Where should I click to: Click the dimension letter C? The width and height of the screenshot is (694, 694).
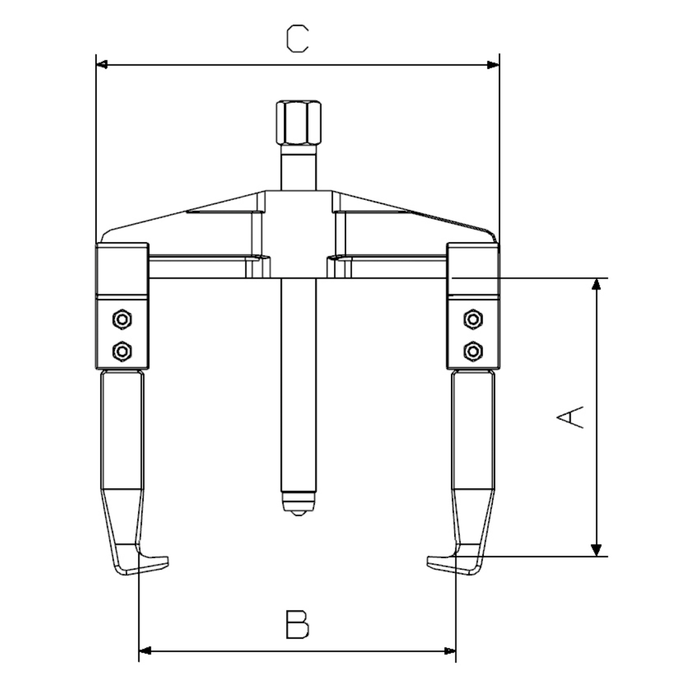(297, 39)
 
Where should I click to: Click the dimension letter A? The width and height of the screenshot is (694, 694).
(570, 417)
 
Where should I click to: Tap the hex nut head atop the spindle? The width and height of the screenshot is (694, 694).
(298, 123)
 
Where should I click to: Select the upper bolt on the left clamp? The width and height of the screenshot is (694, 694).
(121, 319)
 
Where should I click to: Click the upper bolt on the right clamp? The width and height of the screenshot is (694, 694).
(473, 319)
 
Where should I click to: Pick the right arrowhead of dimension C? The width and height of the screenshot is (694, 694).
(493, 65)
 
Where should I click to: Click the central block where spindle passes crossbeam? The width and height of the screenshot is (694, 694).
(298, 234)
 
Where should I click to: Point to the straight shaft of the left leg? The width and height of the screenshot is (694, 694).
(122, 429)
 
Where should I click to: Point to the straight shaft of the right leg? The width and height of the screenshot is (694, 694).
(472, 429)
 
